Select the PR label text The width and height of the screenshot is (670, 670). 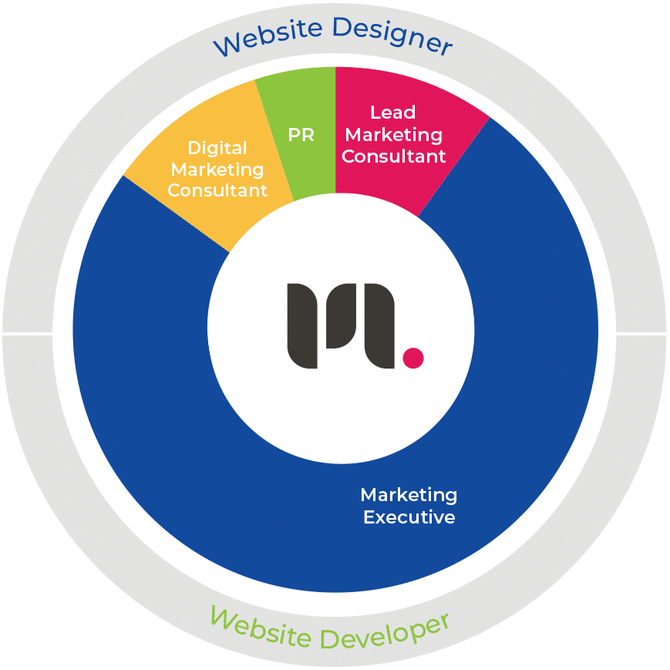coord(301,135)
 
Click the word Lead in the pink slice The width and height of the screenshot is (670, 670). coord(393,113)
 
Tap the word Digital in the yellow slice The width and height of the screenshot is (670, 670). coord(217,148)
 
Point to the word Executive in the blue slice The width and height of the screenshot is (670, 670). coord(409,517)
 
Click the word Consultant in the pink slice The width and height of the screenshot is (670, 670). coord(393,157)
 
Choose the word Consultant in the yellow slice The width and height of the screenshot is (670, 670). coord(217,190)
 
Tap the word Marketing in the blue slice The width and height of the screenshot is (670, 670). coord(409,495)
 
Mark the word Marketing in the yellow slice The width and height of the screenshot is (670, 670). coord(217,170)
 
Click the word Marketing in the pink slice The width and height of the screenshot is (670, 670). coord(393,135)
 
